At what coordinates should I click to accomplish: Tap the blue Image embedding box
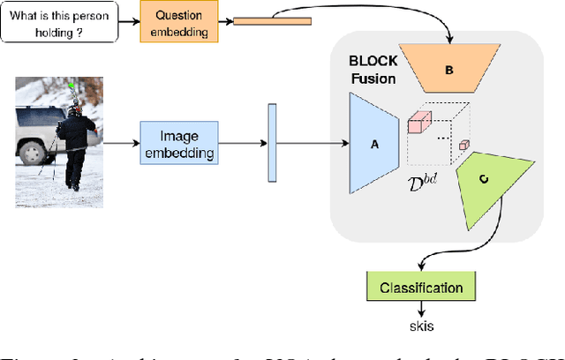pos(177,145)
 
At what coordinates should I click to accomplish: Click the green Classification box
pos(421,288)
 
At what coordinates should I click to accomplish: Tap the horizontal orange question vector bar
pos(266,19)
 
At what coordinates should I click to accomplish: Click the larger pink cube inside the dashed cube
pos(418,125)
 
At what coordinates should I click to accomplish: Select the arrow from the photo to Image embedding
pos(122,145)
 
